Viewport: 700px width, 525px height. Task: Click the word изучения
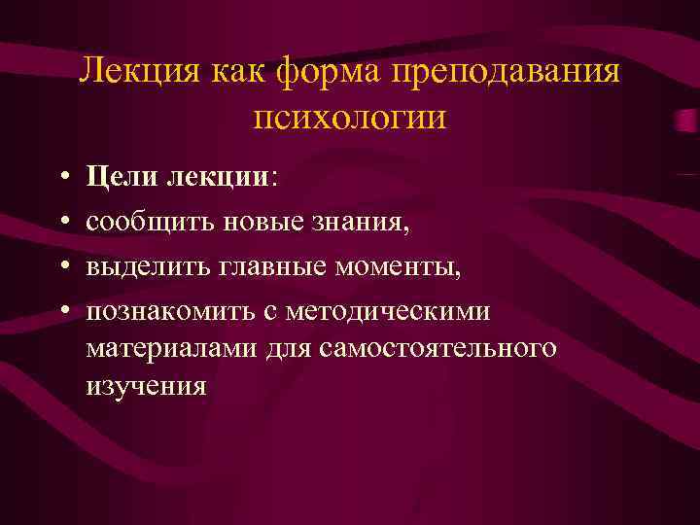pos(147,385)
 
